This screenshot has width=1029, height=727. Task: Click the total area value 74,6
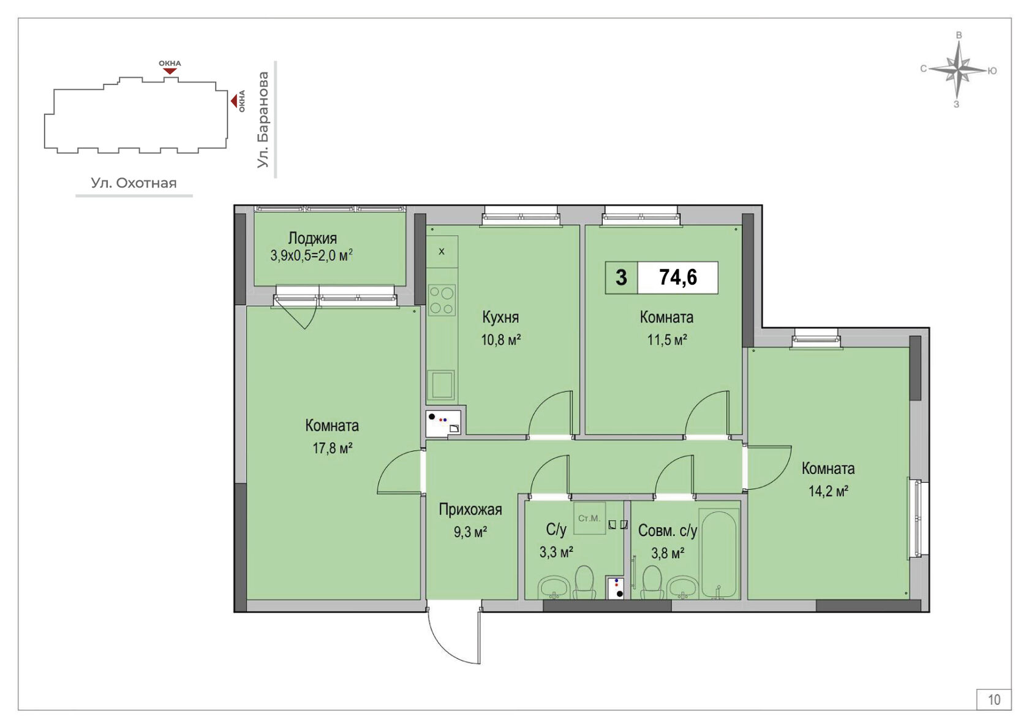click(x=677, y=277)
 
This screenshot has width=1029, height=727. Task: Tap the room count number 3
click(x=621, y=278)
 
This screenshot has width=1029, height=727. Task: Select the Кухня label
click(x=500, y=317)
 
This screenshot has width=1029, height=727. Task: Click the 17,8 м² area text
click(x=332, y=448)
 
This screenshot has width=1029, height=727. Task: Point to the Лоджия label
click(x=312, y=238)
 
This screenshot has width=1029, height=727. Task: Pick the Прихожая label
click(x=470, y=510)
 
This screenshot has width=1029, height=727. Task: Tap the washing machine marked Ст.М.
click(x=589, y=518)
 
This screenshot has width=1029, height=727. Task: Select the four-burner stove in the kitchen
click(x=442, y=300)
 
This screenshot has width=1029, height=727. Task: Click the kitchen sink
click(x=442, y=385)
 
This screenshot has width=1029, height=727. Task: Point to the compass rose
click(x=958, y=70)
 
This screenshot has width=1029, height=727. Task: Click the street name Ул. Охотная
click(x=134, y=183)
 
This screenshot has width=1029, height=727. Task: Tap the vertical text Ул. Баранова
click(x=263, y=119)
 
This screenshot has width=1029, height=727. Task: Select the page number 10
click(x=994, y=699)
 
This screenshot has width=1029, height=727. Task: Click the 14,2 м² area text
click(x=828, y=491)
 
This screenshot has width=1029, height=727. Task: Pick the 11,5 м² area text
click(x=667, y=340)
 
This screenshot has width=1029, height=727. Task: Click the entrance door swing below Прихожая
click(x=454, y=636)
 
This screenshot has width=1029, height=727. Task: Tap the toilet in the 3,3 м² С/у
click(x=584, y=582)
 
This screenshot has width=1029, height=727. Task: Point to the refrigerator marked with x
click(x=442, y=252)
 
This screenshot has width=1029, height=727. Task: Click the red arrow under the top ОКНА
click(x=170, y=71)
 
